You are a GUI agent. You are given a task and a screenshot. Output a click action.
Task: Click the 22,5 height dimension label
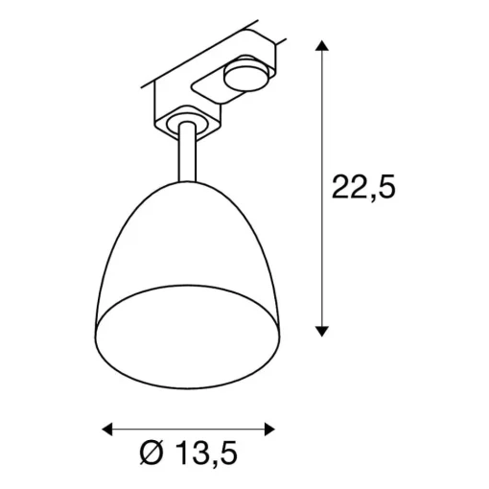tap(363, 187)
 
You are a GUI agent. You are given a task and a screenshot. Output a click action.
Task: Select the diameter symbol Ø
tap(152, 453)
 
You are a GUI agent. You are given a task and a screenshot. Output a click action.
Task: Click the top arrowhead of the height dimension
tap(322, 46)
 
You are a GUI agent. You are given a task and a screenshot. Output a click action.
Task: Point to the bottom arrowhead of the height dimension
tap(322, 332)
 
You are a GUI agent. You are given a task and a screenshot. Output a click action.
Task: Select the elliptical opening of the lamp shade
tap(188, 337)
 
